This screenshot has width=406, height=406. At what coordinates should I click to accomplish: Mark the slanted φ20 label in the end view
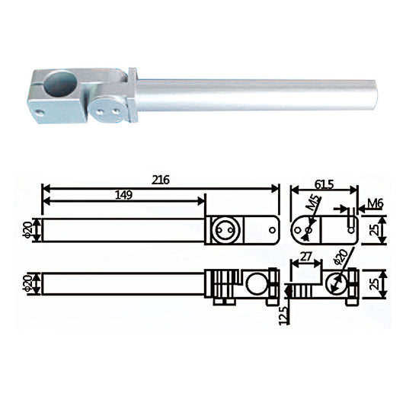click(x=340, y=262)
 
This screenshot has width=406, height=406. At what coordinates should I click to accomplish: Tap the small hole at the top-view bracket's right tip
click(x=267, y=227)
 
